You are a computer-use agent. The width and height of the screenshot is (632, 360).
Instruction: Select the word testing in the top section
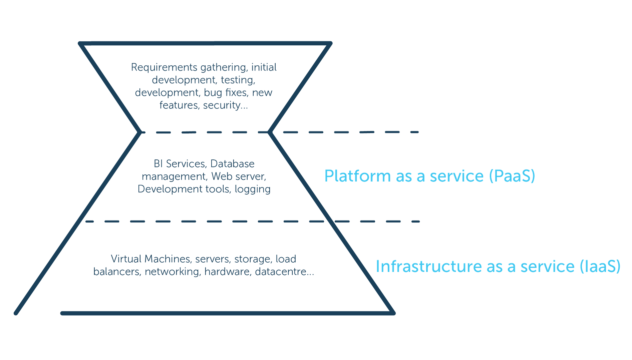click(238, 80)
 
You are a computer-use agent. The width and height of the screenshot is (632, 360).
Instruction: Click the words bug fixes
click(226, 92)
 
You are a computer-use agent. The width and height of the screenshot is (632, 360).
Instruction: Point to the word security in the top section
click(222, 105)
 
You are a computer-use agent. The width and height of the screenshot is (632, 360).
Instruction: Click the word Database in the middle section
click(232, 163)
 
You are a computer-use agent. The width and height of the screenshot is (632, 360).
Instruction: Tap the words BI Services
click(179, 163)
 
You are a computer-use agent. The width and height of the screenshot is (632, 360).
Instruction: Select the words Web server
click(239, 176)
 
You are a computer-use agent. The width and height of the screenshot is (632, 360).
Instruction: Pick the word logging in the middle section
click(252, 189)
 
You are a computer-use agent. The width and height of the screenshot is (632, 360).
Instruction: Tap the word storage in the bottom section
click(253, 259)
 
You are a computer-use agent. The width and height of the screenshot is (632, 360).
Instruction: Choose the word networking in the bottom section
click(173, 272)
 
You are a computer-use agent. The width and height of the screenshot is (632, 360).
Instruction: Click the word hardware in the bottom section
click(227, 272)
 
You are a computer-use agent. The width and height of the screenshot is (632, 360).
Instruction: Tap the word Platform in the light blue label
click(357, 176)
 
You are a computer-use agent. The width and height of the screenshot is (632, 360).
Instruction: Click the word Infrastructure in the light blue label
click(428, 266)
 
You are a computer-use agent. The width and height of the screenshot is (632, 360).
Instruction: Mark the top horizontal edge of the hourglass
click(205, 43)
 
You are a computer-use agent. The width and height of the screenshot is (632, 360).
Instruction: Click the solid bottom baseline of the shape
click(227, 313)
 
